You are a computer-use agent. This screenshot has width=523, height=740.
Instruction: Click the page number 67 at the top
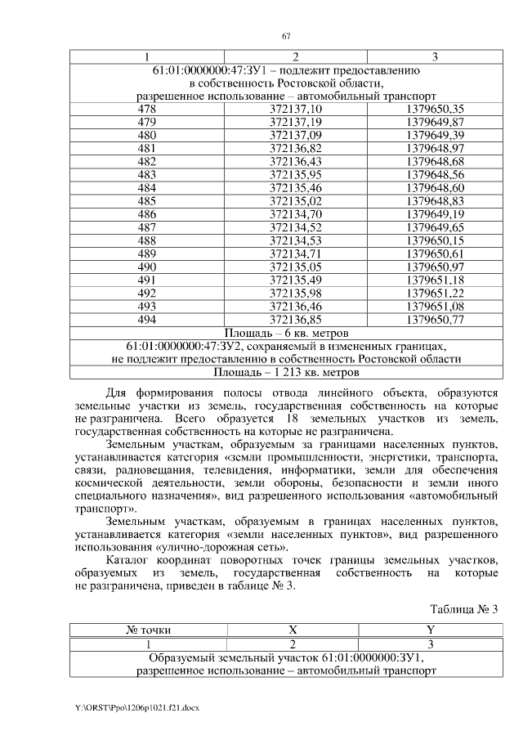(x=286, y=35)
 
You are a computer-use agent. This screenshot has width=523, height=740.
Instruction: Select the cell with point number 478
(x=147, y=109)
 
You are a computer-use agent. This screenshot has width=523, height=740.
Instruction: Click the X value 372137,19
(x=296, y=122)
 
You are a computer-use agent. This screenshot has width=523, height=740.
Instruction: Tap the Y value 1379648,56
(x=435, y=174)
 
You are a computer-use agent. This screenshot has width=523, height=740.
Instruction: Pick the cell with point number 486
(x=147, y=214)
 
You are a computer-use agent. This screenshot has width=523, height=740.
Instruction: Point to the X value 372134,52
(x=296, y=227)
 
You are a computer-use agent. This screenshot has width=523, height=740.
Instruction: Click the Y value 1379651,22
(x=435, y=294)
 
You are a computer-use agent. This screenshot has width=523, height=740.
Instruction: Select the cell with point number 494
(x=147, y=320)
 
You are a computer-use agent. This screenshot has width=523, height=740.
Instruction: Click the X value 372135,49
(x=296, y=280)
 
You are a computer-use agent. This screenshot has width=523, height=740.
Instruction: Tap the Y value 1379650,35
(x=435, y=109)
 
